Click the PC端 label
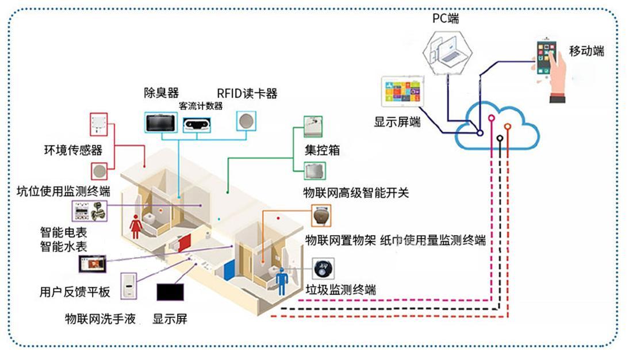pos(446,18)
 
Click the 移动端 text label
pos(586,51)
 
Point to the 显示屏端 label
pos(397,122)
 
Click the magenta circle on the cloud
pos(492,118)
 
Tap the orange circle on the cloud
pos(508,127)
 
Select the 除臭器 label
pos(162,93)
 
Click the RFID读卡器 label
pos(247,94)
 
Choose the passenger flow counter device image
pos(197,125)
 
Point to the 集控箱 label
pos(322,150)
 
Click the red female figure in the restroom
pos(136,226)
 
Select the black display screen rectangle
pos(170,292)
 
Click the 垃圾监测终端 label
pos(341,289)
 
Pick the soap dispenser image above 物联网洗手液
pos(129,286)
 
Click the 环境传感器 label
pos(73,150)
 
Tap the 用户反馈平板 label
pos(75,292)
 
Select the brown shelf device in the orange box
pos(322,216)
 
